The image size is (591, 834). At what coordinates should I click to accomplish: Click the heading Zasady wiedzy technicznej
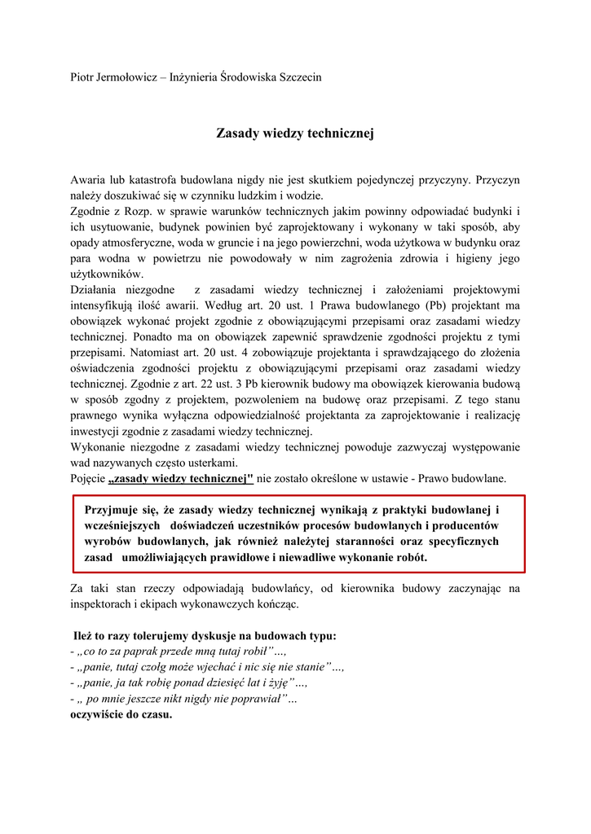coord(294,132)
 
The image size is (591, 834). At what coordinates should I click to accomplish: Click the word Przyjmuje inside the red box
coord(113,510)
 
